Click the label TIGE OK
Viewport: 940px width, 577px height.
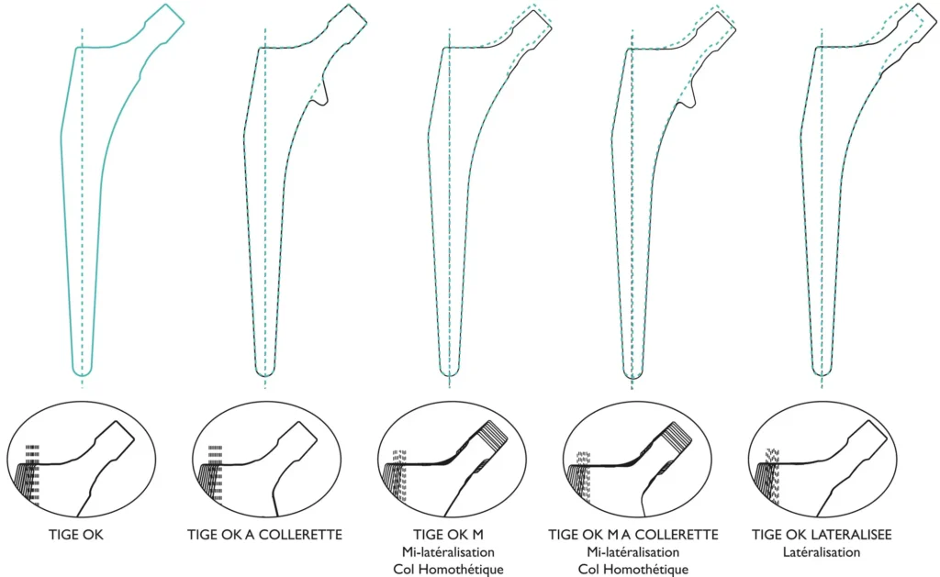pyautogui.click(x=76, y=535)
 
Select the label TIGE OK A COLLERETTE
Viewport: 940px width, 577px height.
pyautogui.click(x=264, y=535)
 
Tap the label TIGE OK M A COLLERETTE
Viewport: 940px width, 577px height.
pyautogui.click(x=633, y=535)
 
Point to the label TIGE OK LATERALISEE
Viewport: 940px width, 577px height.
pyautogui.click(x=822, y=535)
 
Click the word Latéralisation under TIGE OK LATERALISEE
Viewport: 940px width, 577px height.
pyautogui.click(x=822, y=552)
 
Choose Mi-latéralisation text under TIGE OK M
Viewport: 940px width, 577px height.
pyautogui.click(x=448, y=552)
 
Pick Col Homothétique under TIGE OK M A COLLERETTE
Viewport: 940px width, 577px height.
pyautogui.click(x=633, y=569)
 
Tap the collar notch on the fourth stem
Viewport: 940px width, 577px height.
pyautogui.click(x=688, y=96)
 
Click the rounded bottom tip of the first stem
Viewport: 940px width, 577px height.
pyautogui.click(x=82, y=372)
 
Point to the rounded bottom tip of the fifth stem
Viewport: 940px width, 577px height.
pyautogui.click(x=822, y=372)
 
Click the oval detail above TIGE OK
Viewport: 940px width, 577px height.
pyautogui.click(x=82, y=460)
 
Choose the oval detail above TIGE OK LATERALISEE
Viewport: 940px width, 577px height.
pyautogui.click(x=822, y=460)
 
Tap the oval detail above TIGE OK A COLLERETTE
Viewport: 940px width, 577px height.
pyautogui.click(x=266, y=460)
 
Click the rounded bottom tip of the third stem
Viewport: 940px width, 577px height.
pyautogui.click(x=449, y=372)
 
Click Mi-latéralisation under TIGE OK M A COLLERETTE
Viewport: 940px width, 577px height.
pyautogui.click(x=633, y=552)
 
